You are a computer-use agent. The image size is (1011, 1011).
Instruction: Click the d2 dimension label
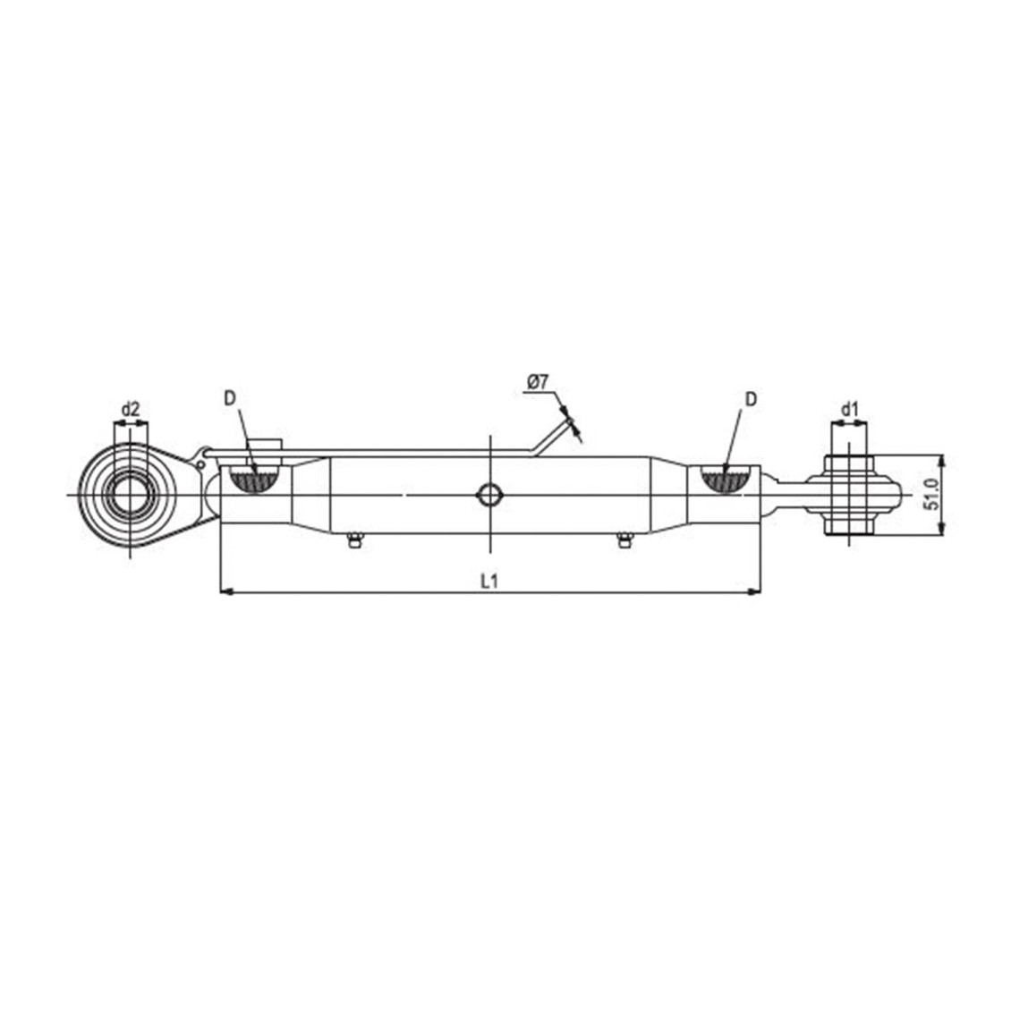pyautogui.click(x=131, y=409)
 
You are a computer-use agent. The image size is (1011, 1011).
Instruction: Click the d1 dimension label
pyautogui.click(x=850, y=409)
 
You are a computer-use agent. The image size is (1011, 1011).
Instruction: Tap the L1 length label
pyautogui.click(x=490, y=581)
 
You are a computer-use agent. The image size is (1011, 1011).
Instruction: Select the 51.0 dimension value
pyautogui.click(x=931, y=495)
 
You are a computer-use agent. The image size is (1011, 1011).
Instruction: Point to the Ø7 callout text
pyautogui.click(x=537, y=382)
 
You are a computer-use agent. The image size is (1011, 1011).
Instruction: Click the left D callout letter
pyautogui.click(x=230, y=399)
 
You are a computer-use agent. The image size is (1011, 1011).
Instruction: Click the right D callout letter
pyautogui.click(x=751, y=399)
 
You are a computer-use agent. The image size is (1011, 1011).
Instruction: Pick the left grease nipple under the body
pyautogui.click(x=353, y=540)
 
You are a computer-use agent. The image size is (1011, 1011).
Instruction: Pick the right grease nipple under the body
pyautogui.click(x=624, y=540)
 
